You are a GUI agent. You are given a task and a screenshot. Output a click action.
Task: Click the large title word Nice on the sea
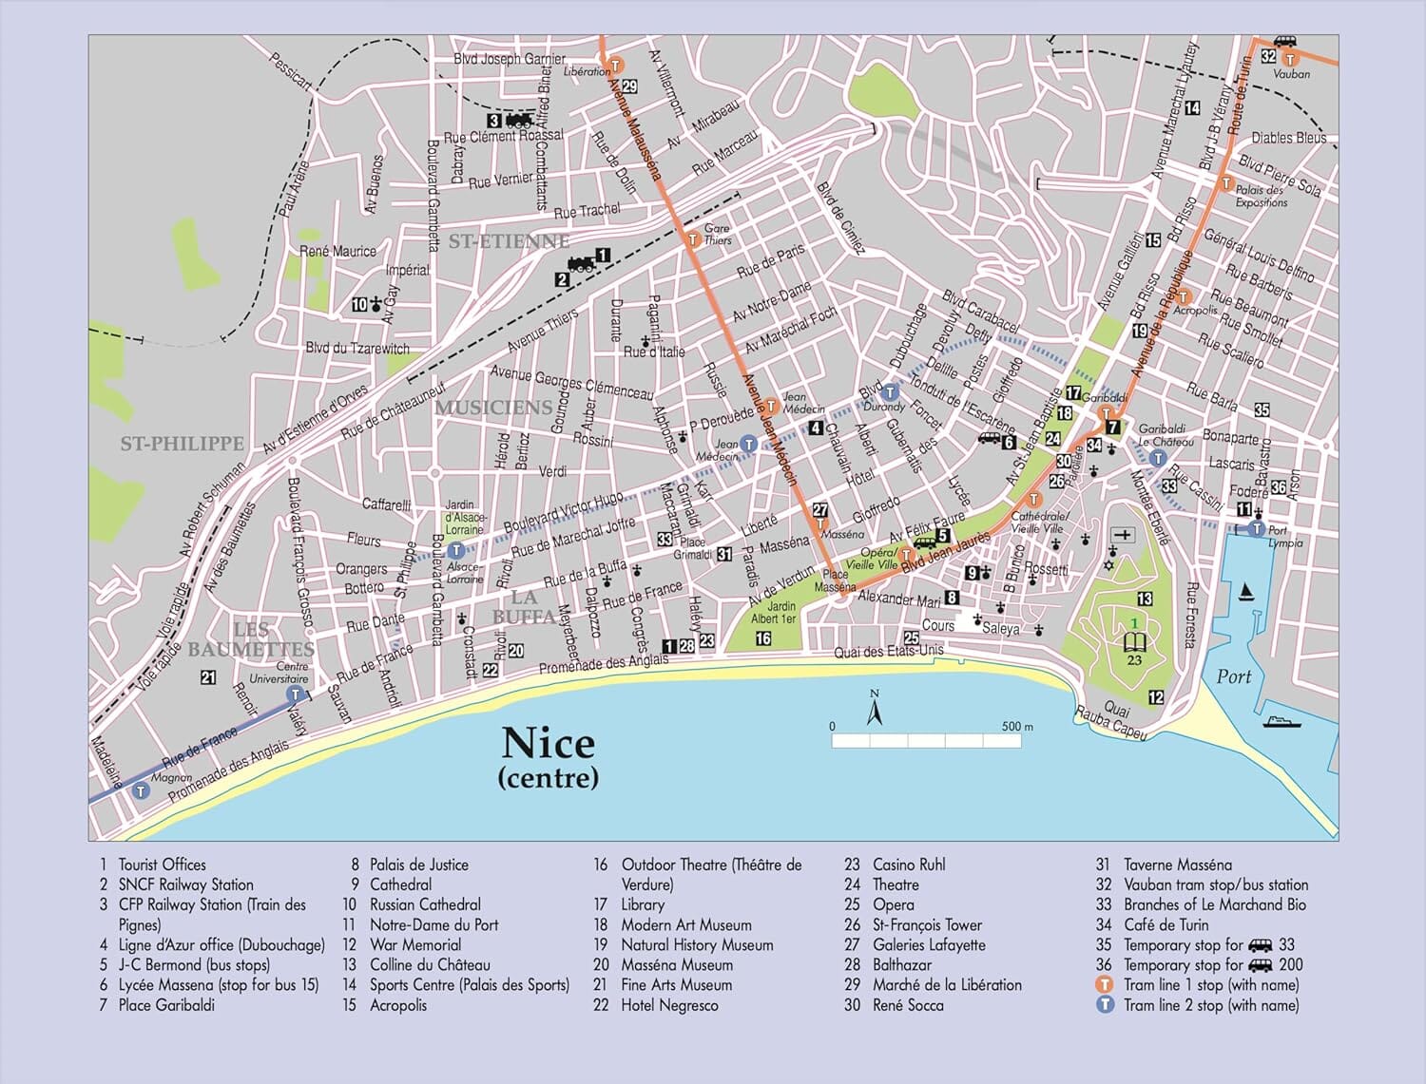coord(548,743)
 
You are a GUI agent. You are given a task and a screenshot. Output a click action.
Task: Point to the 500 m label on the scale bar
coord(1016,727)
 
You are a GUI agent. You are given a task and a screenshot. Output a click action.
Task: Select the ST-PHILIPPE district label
coord(182,444)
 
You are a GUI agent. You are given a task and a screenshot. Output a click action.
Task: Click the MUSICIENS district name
coord(493,408)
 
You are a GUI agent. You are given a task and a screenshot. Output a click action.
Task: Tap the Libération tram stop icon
coord(616,66)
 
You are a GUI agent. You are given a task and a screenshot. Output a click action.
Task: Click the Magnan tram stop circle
coord(142,790)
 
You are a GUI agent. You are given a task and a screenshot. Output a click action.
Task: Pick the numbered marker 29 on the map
coord(629,86)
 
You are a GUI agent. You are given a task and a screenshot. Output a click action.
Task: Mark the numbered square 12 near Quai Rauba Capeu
coord(1156,697)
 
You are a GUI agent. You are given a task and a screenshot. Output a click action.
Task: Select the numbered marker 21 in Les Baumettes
coord(208,677)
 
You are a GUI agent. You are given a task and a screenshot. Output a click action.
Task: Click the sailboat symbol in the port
coord(1246,593)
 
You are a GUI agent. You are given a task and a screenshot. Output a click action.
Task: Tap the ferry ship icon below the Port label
coord(1281,720)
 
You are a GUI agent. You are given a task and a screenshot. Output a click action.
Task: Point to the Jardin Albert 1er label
coord(773,613)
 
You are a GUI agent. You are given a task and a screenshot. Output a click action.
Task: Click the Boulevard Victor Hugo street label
coord(563,512)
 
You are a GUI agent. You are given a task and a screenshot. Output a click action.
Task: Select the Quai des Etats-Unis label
coord(888,651)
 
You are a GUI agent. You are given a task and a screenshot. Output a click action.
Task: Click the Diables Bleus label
coord(1288,138)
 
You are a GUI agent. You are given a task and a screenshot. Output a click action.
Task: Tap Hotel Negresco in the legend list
coord(669,1005)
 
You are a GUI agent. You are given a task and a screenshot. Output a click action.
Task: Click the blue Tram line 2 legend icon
coord(1105,1005)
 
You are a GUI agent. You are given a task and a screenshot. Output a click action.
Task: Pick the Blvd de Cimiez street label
coord(840,219)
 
